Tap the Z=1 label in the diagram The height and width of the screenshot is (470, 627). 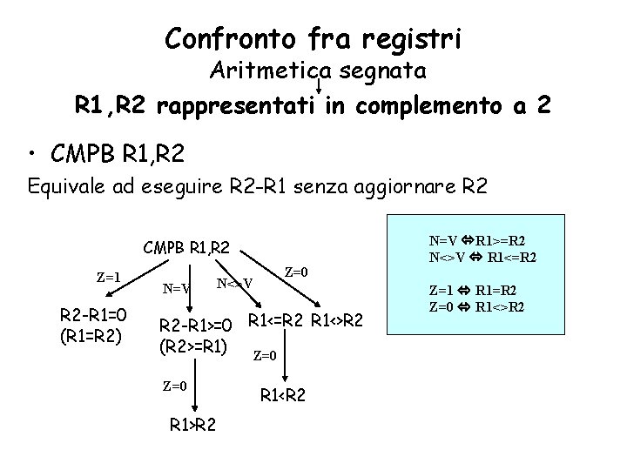[108, 278]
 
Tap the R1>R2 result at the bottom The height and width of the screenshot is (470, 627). [194, 426]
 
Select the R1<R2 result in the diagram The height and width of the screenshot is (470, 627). [285, 396]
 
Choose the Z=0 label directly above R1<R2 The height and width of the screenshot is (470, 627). [265, 355]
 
